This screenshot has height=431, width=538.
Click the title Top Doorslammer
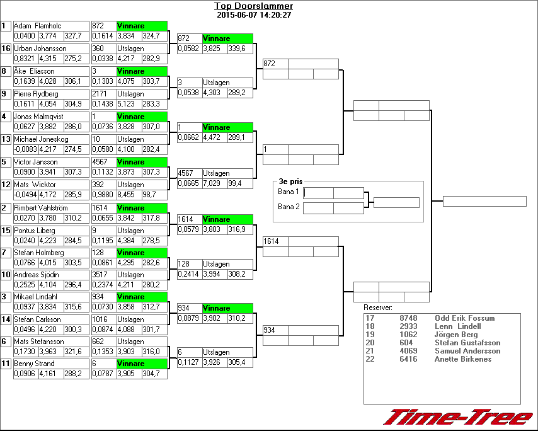[x=253, y=6]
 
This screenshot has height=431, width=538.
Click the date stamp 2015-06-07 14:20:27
[x=253, y=15]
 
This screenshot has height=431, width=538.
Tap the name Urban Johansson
[x=40, y=49]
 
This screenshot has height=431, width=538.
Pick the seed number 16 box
[x=6, y=49]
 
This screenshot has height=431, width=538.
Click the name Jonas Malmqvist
[x=40, y=117]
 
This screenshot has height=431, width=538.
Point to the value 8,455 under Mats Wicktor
[x=128, y=195]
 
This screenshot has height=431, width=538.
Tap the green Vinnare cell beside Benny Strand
[x=142, y=364]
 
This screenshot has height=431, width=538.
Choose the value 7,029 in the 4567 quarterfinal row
[x=213, y=183]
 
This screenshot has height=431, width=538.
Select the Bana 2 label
[x=289, y=207]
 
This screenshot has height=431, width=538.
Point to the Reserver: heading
[x=378, y=307]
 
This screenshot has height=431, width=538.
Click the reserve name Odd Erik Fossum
[x=464, y=318]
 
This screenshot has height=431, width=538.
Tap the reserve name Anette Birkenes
[x=463, y=359]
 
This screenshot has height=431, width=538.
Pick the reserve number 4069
[x=408, y=351]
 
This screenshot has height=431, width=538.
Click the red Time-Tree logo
[x=459, y=418]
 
